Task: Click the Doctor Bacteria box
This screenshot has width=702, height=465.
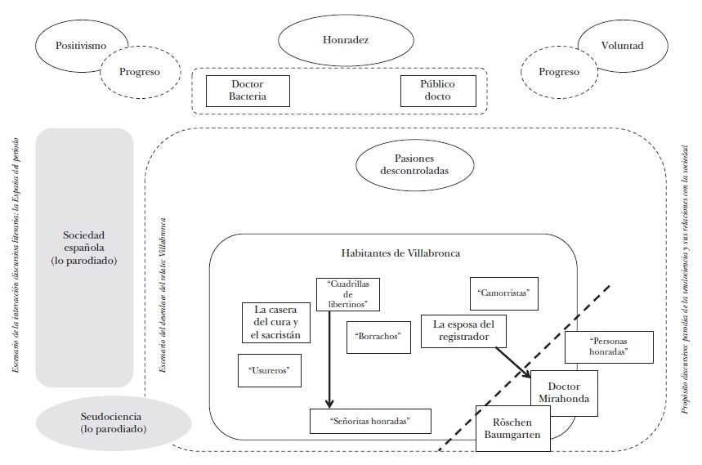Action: click(x=248, y=91)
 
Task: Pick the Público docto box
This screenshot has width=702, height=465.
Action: click(x=437, y=91)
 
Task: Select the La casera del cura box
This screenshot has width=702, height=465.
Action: click(x=275, y=322)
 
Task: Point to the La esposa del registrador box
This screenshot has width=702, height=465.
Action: click(x=463, y=330)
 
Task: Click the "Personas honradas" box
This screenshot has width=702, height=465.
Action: click(x=609, y=347)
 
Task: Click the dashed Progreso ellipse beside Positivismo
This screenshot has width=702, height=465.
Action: click(x=138, y=72)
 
